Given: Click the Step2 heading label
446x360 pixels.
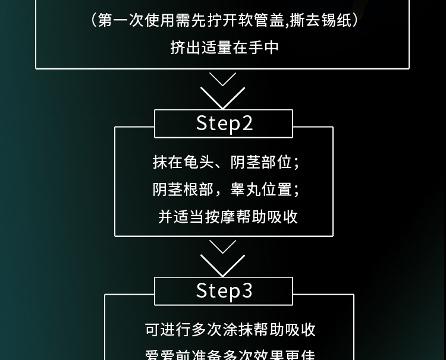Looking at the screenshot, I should click(x=224, y=123).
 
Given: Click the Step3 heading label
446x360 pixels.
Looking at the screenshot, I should click(x=224, y=290).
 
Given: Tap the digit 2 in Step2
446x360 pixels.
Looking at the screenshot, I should click(x=247, y=123).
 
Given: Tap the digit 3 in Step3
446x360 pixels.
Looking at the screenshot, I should click(x=247, y=290).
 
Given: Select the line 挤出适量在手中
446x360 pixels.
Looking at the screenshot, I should click(x=224, y=48).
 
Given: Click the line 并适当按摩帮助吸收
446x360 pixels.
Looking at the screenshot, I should click(x=228, y=216).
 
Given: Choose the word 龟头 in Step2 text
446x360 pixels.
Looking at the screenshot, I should click(x=199, y=162).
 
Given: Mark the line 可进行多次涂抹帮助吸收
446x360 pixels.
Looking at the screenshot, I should click(x=230, y=330).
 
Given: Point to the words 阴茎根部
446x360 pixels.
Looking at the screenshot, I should click(x=181, y=190).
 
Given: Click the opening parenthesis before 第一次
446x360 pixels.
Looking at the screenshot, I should click(x=94, y=21).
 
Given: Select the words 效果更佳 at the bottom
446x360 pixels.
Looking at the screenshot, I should click(x=283, y=355).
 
